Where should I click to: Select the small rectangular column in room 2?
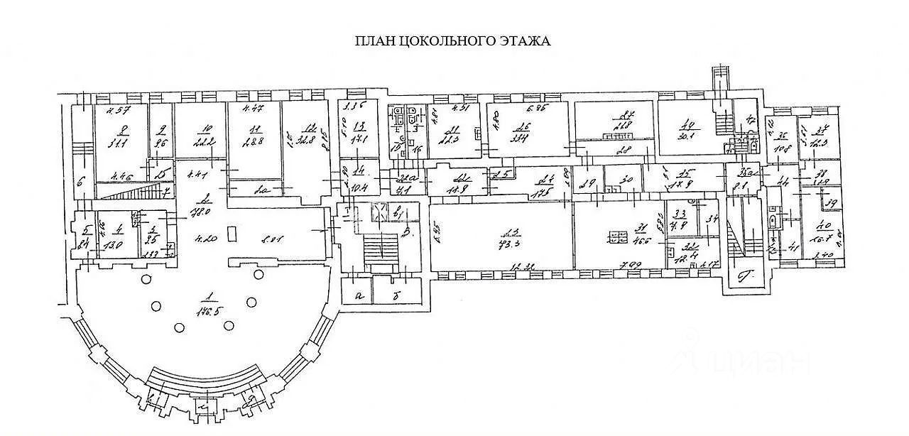(x=229, y=232)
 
